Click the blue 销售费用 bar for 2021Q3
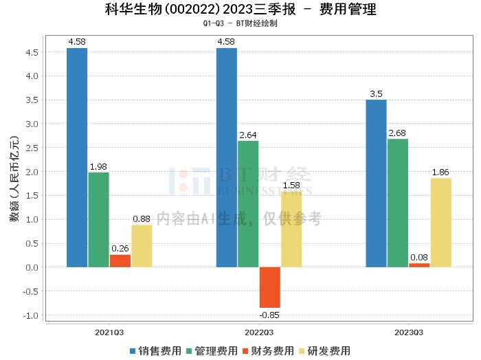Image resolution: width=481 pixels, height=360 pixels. point(77,157)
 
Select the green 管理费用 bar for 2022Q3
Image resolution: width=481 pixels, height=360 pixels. point(248,204)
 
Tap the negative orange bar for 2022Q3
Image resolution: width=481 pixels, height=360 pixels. point(270,287)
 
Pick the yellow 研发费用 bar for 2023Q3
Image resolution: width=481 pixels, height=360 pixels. point(441,223)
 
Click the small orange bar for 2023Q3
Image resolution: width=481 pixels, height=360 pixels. point(419,265)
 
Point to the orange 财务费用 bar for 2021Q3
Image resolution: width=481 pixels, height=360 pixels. point(120,261)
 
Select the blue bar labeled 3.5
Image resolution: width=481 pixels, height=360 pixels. point(376,183)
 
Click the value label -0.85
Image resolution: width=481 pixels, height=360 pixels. point(269,315)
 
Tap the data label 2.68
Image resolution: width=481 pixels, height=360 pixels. point(397,133)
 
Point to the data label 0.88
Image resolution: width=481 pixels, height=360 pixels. point(142,219)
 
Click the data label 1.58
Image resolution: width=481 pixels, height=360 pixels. point(291,185)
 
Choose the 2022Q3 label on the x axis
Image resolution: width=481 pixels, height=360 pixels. point(259,333)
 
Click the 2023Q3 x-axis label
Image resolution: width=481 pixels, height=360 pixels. point(409,333)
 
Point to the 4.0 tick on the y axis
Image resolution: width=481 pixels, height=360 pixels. point(32,76)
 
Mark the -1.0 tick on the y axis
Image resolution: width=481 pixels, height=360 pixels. point(31,315)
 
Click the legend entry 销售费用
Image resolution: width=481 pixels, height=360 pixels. point(155,351)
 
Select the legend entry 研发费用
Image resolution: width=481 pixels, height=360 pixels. point(325,351)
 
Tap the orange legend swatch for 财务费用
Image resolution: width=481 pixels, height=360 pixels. point(245,351)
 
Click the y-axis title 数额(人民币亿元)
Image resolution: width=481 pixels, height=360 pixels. point(14,179)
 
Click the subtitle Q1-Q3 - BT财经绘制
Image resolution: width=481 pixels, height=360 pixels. point(240,23)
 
